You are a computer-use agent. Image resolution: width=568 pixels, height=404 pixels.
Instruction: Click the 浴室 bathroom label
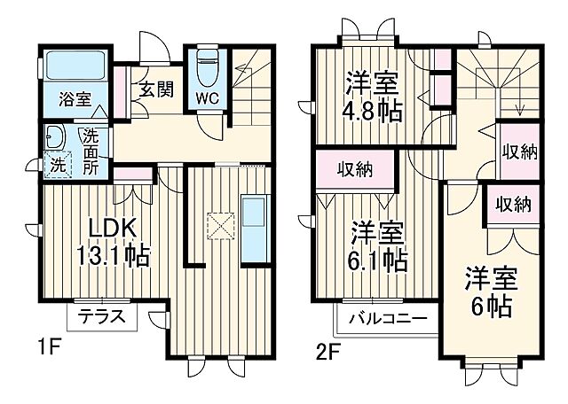[75, 98]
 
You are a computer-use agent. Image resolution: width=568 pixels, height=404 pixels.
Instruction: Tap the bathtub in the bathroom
[75, 66]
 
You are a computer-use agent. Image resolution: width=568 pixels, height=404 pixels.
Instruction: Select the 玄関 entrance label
[154, 89]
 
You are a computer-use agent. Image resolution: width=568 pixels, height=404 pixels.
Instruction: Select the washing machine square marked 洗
[56, 165]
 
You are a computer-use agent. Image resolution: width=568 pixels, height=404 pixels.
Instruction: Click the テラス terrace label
[101, 316]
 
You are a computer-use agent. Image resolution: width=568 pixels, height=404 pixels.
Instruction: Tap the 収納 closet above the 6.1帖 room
[353, 169]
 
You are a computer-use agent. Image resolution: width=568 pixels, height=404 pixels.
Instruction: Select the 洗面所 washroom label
[91, 151]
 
